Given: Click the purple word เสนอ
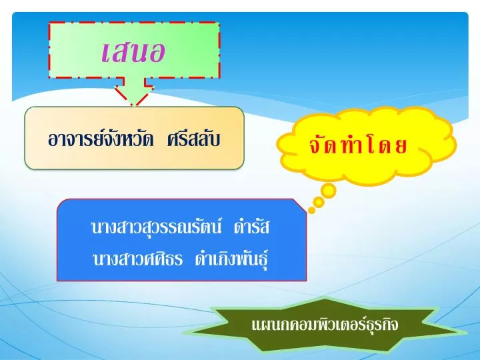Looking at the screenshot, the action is [x=133, y=51].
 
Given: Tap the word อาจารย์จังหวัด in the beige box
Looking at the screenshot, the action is [x=101, y=139].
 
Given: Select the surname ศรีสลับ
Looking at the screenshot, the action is [x=194, y=139].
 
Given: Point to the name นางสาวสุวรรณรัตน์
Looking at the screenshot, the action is [x=156, y=227].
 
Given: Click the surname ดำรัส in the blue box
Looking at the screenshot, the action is [x=251, y=227].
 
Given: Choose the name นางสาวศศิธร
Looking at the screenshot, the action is [x=137, y=259].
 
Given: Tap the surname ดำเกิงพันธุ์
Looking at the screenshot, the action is [x=232, y=259].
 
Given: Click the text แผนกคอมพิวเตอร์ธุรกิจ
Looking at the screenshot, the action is [x=325, y=325].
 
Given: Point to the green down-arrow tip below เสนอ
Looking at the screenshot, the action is [x=134, y=106].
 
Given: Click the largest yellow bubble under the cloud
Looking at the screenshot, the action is [x=329, y=191].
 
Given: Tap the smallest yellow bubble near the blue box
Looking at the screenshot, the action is [x=311, y=210].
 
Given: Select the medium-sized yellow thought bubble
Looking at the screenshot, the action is [x=319, y=202].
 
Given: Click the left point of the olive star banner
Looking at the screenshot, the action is [x=185, y=333].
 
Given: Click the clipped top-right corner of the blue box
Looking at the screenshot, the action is [x=300, y=205].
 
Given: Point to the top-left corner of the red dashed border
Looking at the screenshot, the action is [x=49, y=23].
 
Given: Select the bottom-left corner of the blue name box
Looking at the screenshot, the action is [x=57, y=281].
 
